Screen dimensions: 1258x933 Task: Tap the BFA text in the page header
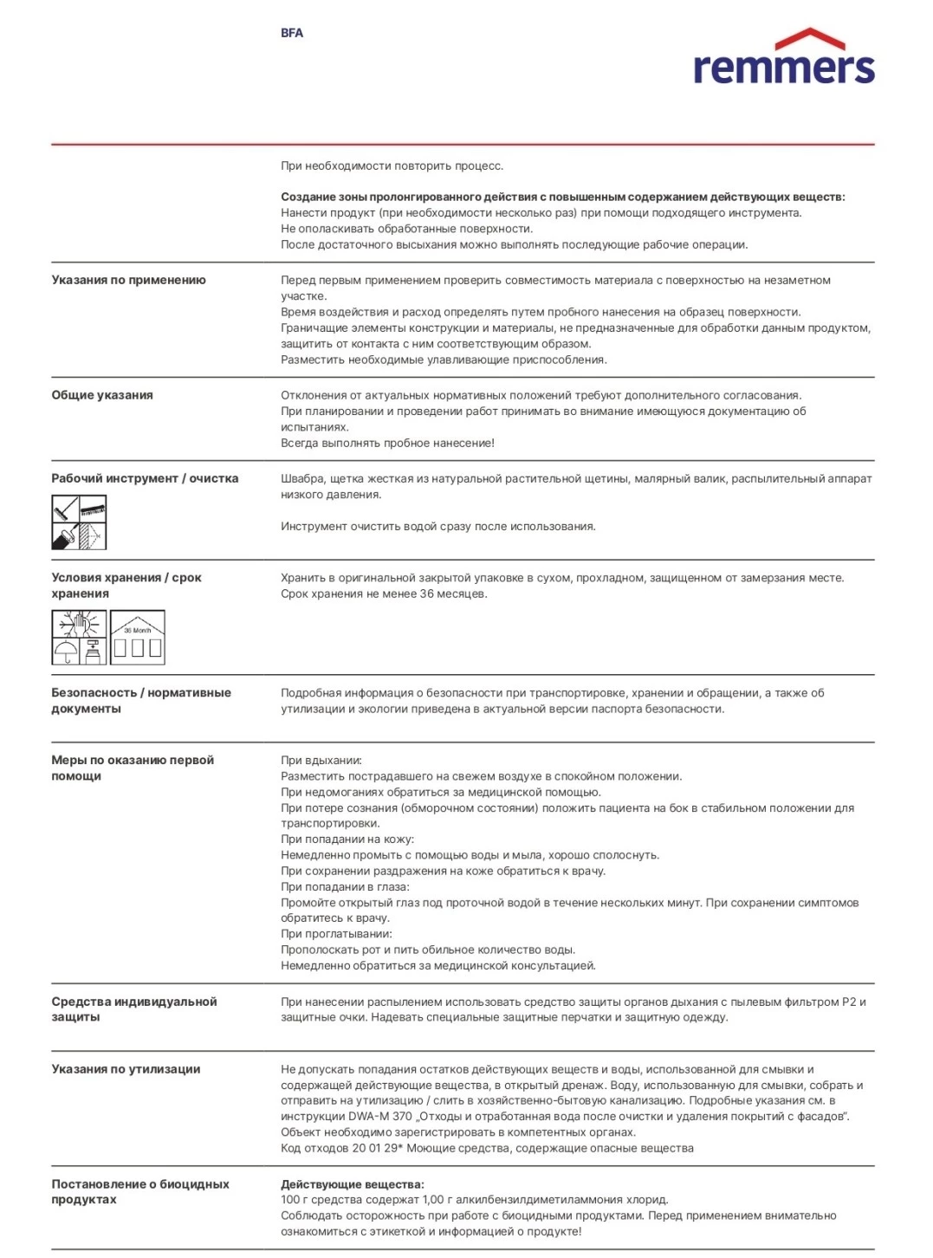click(x=292, y=33)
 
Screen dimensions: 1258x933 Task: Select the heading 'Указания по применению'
click(x=128, y=280)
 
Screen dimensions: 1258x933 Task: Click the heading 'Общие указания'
click(x=102, y=395)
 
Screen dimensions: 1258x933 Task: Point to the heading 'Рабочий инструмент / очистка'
click(x=145, y=478)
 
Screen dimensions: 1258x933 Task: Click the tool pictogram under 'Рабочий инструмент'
click(x=79, y=522)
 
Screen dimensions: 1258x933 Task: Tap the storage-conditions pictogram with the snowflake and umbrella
click(x=79, y=638)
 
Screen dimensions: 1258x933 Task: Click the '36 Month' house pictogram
click(x=138, y=638)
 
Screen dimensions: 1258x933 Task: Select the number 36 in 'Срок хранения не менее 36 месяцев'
click(x=427, y=594)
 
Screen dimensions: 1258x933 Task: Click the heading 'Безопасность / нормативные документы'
click(x=141, y=701)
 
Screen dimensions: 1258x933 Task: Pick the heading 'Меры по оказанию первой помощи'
click(x=133, y=768)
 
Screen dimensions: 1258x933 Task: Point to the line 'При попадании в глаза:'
click(x=346, y=887)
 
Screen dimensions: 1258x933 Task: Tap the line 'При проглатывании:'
click(x=336, y=934)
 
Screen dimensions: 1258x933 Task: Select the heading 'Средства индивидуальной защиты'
click(x=134, y=1009)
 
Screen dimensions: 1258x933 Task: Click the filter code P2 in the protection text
click(x=849, y=1002)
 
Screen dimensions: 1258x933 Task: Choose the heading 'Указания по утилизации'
click(x=126, y=1069)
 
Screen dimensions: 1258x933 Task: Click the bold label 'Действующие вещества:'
click(x=353, y=1184)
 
